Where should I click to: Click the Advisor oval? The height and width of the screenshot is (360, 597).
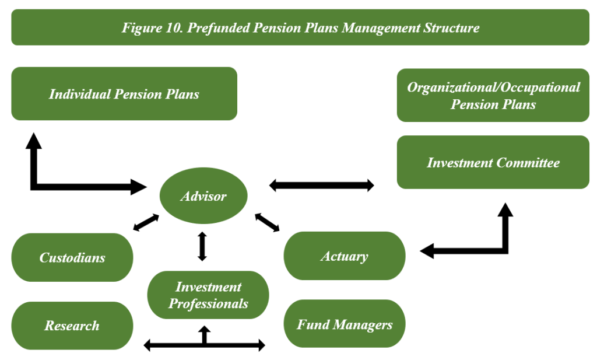coord(203,196)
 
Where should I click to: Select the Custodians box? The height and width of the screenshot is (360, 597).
coord(72,257)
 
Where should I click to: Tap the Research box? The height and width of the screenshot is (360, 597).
coord(72,326)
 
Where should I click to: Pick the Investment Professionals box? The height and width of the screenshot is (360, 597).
coord(208,295)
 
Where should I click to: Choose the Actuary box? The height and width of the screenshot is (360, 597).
coord(344,256)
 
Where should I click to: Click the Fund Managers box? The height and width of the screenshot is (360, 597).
coord(344,324)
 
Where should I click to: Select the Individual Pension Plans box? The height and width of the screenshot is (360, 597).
coord(124,94)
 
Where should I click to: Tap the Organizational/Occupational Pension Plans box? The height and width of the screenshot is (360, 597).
coord(493,96)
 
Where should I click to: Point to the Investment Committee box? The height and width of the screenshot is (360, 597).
coord(493,162)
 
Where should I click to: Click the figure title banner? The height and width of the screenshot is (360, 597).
coord(300,27)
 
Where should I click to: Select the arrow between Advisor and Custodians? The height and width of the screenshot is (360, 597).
coord(146,222)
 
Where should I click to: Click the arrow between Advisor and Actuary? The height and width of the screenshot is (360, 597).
coord(268,223)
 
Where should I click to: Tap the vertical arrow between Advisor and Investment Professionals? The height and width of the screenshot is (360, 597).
coord(202,246)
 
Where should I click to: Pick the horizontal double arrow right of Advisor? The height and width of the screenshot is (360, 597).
coord(321,186)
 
